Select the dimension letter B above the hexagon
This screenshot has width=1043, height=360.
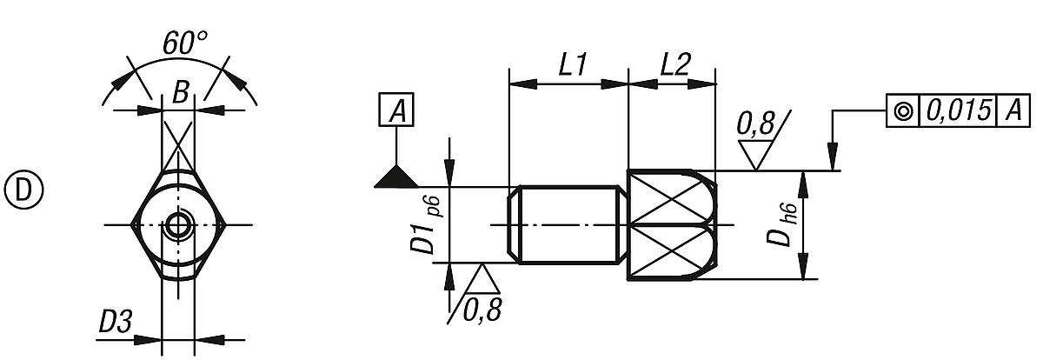click(x=179, y=92)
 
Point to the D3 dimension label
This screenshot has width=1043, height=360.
click(x=114, y=323)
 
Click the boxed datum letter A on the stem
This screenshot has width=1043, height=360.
click(x=397, y=110)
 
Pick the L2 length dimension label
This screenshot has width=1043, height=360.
click(x=674, y=66)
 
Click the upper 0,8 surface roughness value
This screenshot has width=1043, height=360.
click(x=754, y=124)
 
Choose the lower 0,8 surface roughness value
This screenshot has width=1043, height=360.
click(x=482, y=308)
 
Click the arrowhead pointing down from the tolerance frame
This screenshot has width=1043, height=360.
click(x=834, y=160)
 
